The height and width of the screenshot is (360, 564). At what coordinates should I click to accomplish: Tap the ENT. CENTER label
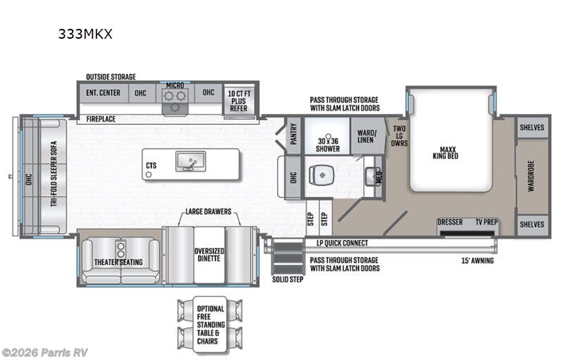[103, 93]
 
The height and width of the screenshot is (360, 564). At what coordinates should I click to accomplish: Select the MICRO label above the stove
[175, 85]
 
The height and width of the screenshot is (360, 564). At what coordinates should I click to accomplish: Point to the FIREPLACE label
[101, 119]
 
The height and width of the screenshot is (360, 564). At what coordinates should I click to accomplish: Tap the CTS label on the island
[151, 166]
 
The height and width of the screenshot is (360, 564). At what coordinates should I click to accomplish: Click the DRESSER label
[450, 222]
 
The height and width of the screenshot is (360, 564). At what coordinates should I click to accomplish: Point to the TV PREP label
[486, 222]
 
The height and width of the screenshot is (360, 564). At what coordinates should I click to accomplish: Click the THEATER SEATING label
[118, 262]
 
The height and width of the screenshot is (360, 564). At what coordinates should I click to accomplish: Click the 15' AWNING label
[477, 261]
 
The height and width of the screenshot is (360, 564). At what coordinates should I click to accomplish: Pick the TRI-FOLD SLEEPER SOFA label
[53, 175]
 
